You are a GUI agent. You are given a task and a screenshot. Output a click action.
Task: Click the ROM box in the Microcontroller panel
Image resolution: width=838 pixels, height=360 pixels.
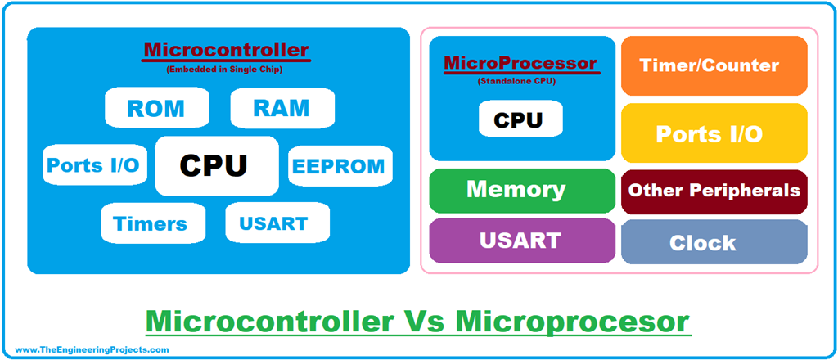[x=156, y=107]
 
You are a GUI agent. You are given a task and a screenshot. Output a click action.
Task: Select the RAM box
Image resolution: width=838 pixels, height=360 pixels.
[x=282, y=107]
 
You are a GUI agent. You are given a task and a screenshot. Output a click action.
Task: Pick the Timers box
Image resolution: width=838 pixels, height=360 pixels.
[x=150, y=223]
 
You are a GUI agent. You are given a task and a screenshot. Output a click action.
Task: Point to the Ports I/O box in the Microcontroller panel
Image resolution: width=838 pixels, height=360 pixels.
[x=92, y=166]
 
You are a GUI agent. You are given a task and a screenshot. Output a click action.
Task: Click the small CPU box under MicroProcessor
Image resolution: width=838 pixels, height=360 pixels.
[x=520, y=120]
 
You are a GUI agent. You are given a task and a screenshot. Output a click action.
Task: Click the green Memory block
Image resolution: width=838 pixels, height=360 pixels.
[x=521, y=191]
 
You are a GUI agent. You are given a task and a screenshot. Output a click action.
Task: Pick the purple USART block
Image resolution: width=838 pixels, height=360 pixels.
[x=521, y=241]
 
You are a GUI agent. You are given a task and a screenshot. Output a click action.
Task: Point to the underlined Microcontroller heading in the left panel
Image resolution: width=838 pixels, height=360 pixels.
[x=226, y=51]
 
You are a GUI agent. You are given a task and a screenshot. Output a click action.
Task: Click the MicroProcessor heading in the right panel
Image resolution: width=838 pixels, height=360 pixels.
[x=520, y=63]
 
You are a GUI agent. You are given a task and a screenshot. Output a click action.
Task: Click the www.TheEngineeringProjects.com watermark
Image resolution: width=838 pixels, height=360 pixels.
[x=92, y=349]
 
